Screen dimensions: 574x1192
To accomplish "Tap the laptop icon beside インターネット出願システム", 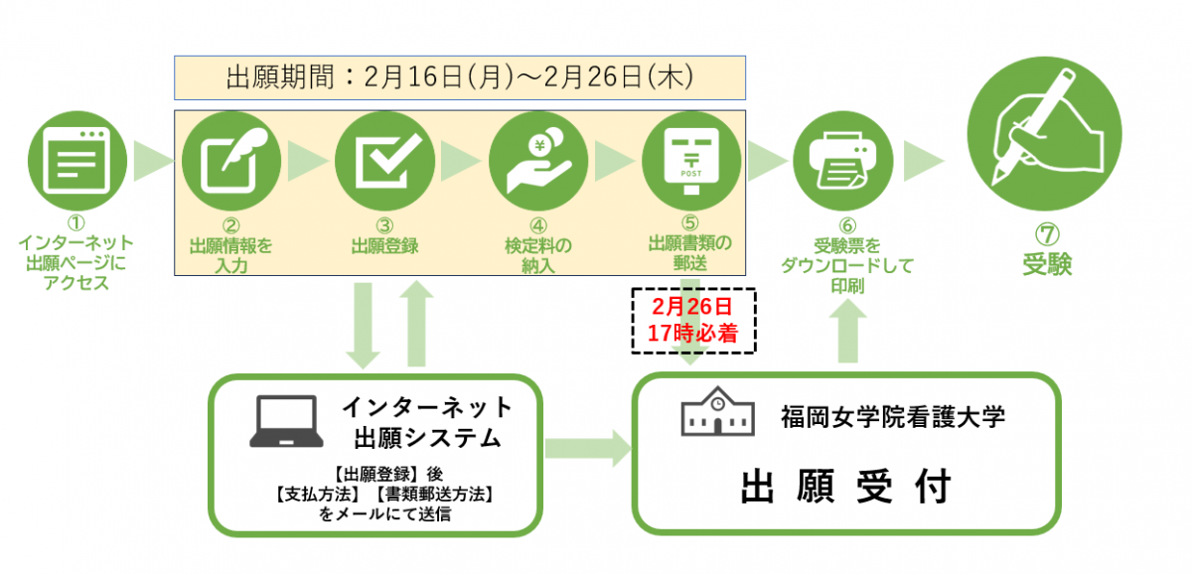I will tap(287, 421).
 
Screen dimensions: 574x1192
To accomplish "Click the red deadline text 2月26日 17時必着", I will tap(694, 321).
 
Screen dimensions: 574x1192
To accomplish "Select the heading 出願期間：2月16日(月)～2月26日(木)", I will tap(459, 77).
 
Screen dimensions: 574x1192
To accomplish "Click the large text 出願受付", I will tap(846, 488).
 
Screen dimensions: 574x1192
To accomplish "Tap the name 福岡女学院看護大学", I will tap(893, 417).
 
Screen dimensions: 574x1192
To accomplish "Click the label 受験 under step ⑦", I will tap(1047, 265).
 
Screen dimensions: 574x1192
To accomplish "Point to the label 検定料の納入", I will tap(537, 253).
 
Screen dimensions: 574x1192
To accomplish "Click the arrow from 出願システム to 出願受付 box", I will tap(587, 449).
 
